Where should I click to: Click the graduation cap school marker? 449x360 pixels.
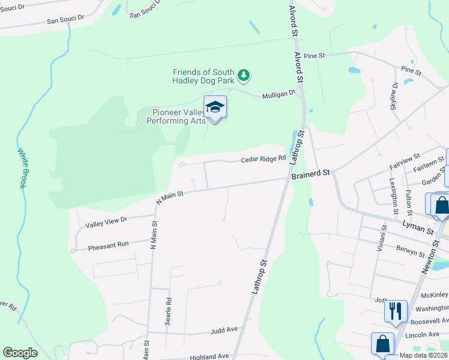[x=215, y=108]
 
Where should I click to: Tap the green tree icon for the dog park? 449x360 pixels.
[x=243, y=75]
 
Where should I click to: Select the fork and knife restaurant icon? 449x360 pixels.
[x=396, y=311]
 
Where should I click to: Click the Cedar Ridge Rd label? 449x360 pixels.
[x=264, y=160]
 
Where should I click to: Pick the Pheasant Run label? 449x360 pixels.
[x=108, y=245]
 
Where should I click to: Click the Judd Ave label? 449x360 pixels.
[x=224, y=331]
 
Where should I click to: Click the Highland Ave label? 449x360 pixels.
[x=209, y=356]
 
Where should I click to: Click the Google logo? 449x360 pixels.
[x=20, y=353]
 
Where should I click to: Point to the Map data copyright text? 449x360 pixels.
[x=422, y=355]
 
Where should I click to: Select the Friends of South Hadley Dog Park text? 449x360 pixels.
[x=203, y=76]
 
